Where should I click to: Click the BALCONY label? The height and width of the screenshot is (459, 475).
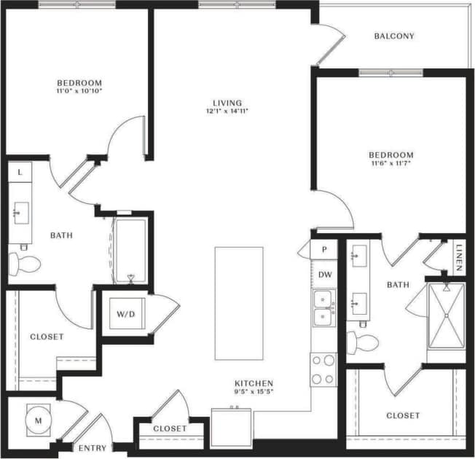393,36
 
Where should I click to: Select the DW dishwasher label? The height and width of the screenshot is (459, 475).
324,275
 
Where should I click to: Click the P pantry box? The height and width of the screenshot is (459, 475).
323,248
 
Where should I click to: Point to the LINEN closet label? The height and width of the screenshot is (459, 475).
458,257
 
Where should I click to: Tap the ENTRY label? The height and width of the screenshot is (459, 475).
93,448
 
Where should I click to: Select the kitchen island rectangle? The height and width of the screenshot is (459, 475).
238,302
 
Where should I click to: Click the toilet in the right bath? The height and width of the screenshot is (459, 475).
361,341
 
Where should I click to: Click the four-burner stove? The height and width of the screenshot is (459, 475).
323,369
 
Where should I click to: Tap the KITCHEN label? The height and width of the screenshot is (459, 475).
253,383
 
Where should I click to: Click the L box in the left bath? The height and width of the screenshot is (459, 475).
20,172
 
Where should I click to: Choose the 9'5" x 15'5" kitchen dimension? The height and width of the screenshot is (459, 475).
253,393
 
